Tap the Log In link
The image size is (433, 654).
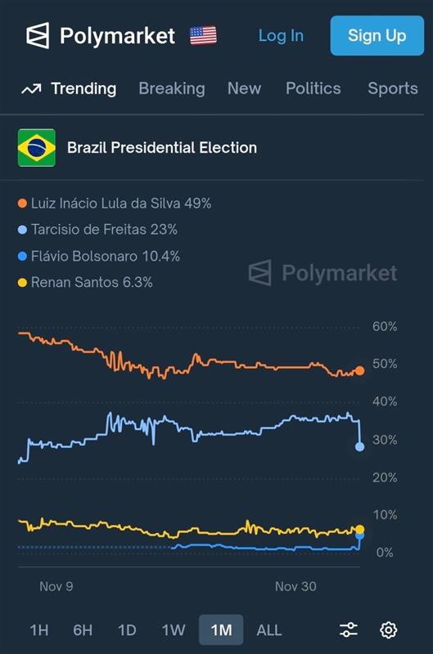[x=281, y=36]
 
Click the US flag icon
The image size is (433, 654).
[x=203, y=35]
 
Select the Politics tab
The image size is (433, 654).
[x=313, y=88]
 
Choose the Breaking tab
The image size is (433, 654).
[x=171, y=88]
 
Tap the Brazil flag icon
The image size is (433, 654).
[x=37, y=148]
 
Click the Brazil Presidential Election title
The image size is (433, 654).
[x=161, y=148]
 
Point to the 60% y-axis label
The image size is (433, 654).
[x=384, y=326]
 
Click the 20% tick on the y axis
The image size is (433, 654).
[x=384, y=477]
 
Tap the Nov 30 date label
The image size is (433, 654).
[x=295, y=586]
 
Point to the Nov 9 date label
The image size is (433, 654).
[x=56, y=586]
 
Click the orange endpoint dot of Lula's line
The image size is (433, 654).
[x=359, y=370]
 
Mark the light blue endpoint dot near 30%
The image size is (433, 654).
[x=359, y=446]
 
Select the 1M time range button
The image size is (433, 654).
[x=221, y=629]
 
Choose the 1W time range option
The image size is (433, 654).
[x=174, y=629]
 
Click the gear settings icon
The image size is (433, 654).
[x=389, y=629]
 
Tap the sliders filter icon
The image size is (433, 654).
[x=349, y=629]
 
